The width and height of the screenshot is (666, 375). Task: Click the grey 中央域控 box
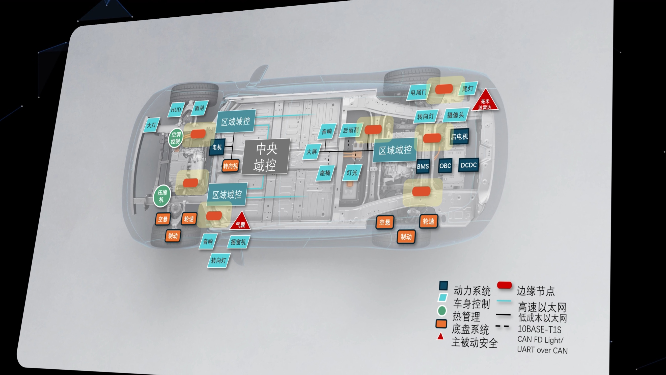click(x=266, y=157)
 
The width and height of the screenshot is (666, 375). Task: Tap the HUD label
click(x=176, y=110)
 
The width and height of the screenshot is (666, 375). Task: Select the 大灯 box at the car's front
click(x=152, y=125)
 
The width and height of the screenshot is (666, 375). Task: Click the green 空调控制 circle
click(x=176, y=138)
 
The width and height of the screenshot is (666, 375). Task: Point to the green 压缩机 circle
click(x=162, y=196)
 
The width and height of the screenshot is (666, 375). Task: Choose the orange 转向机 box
click(x=230, y=166)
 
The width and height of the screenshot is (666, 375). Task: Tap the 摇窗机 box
click(x=238, y=242)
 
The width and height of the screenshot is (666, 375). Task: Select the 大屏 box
click(x=312, y=152)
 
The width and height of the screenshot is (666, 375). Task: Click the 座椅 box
click(x=325, y=173)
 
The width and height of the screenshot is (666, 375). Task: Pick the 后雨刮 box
click(x=351, y=130)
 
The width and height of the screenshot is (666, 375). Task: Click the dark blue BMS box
click(x=423, y=166)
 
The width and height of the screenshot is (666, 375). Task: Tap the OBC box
click(x=445, y=165)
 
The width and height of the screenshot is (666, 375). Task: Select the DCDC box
click(x=468, y=165)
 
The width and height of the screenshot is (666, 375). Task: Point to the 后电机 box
click(x=459, y=136)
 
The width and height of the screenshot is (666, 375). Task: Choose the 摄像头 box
click(x=456, y=115)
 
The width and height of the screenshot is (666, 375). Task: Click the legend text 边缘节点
click(x=536, y=291)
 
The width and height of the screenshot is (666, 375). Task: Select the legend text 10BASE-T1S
click(x=540, y=330)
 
